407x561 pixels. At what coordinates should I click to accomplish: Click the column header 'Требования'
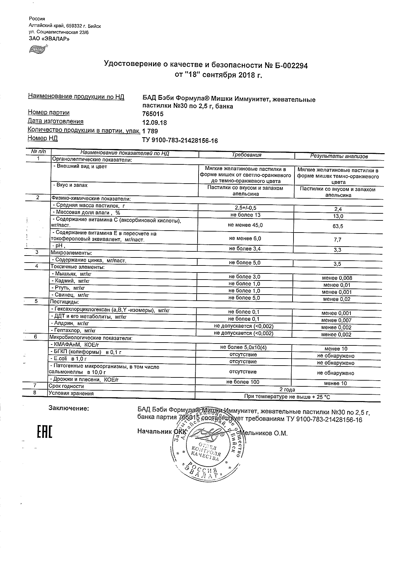(246, 155)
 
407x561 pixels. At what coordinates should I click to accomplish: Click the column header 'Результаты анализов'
(339, 156)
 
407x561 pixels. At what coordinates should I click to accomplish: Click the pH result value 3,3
(337, 250)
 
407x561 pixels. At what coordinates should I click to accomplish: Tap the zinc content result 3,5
(337, 264)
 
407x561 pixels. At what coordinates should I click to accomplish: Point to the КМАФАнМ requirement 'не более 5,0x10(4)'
(244, 347)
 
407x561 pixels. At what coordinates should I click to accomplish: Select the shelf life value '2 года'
(287, 390)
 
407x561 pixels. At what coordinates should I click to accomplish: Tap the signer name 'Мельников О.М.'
(264, 433)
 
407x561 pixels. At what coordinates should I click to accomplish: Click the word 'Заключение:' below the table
(69, 408)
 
